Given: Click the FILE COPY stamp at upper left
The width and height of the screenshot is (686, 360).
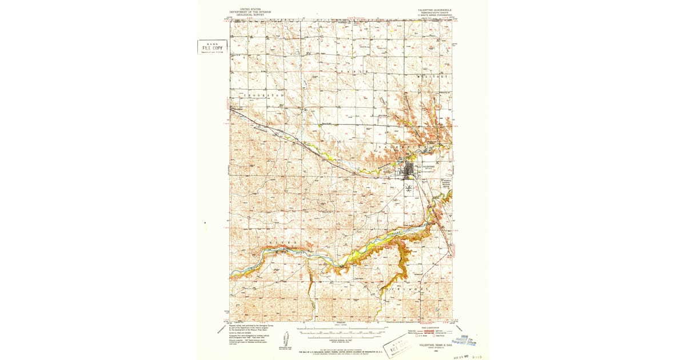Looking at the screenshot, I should [212, 48].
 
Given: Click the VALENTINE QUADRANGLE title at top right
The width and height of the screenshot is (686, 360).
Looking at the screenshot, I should [434, 10].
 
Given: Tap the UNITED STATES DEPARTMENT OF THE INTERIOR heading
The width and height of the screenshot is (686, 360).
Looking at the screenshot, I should [250, 12].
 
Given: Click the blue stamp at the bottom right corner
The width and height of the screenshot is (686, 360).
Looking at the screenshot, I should [468, 341].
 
